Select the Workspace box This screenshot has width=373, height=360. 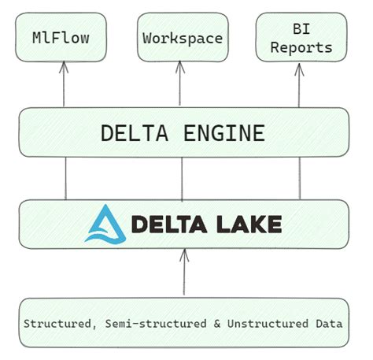pos(183,37)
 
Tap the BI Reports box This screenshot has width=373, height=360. pos(300,37)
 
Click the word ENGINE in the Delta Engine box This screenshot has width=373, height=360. pos(225,133)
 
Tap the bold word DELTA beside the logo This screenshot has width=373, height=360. pos(168,225)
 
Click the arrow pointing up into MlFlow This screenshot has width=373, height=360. pos(64,85)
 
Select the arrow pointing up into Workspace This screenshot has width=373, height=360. pos(183,85)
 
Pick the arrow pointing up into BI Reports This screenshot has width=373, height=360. pos(300,85)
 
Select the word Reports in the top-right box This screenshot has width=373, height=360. pos(300,47)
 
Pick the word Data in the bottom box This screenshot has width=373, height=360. pos(329,324)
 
